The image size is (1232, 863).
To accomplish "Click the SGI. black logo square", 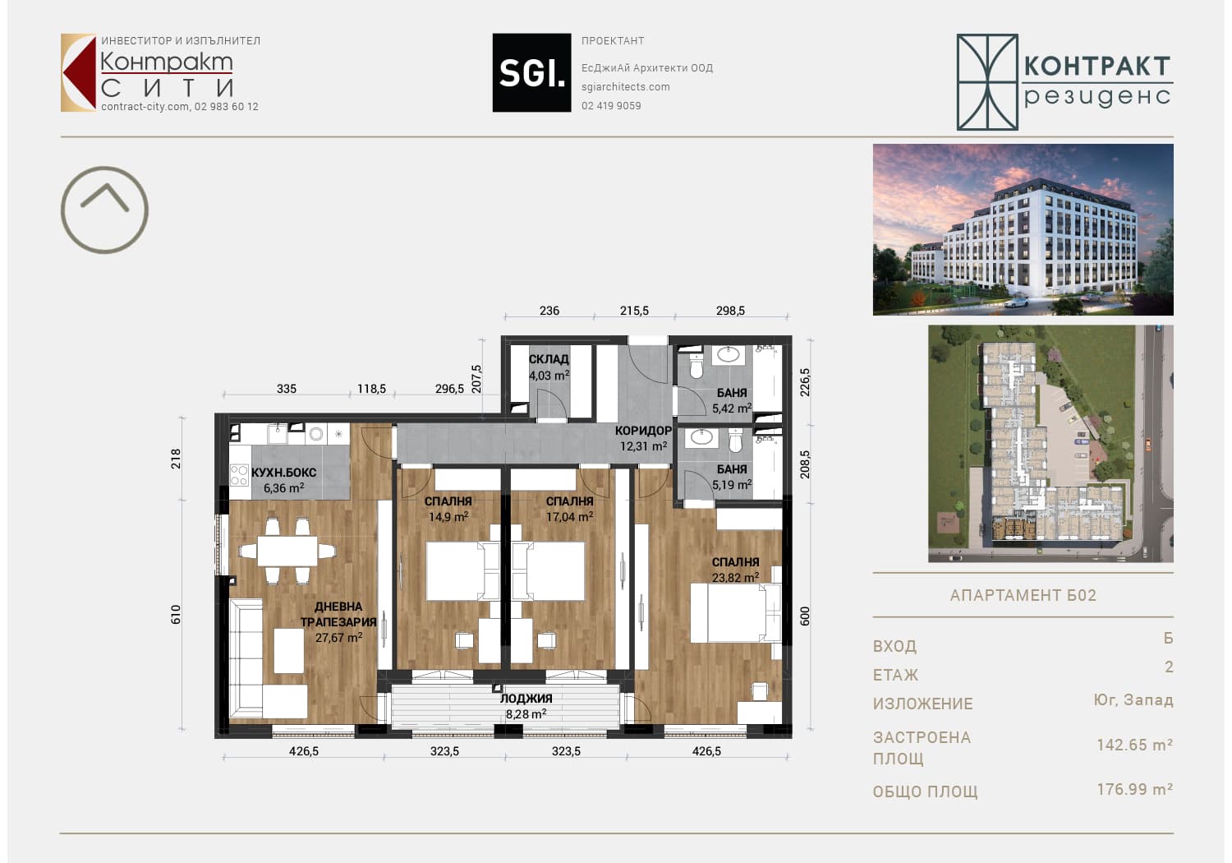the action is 531,72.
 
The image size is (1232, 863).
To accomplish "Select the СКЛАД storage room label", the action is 549,359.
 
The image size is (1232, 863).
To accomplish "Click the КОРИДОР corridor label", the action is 643,431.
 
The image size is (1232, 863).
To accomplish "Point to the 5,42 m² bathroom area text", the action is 732,408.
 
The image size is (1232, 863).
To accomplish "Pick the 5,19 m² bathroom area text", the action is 732,485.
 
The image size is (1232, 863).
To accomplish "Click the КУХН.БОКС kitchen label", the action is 284,473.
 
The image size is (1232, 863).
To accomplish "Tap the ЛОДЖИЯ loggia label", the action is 526,699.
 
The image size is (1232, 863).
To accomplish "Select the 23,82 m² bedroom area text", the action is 735,578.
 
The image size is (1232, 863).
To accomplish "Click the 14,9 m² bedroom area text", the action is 448,517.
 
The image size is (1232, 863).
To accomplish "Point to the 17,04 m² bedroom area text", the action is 569,517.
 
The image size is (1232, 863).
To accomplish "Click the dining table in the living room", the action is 287,551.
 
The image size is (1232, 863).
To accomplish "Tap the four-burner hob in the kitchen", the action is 239,475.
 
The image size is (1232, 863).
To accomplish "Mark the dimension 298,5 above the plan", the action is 730,311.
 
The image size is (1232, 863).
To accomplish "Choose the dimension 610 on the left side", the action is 176,614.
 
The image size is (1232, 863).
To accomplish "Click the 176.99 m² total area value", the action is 1134,789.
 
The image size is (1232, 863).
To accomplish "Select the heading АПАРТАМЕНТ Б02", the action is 1023,595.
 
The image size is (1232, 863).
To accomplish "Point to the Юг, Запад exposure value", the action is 1133,700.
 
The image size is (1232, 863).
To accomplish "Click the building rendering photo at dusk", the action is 1023,229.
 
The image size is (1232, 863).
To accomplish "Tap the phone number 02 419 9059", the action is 611,106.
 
